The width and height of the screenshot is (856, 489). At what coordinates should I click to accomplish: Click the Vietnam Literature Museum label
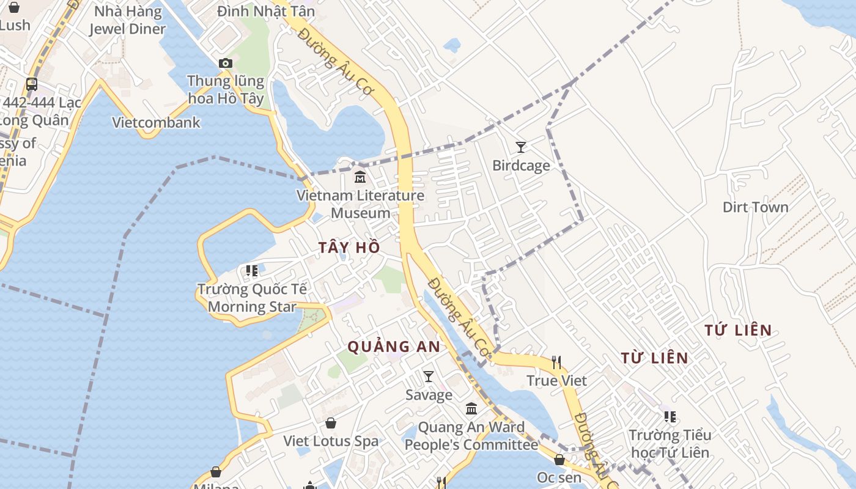360,204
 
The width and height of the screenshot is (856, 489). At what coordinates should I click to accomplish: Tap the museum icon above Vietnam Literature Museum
360,177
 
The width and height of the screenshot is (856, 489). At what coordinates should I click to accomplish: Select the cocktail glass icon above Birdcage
521,147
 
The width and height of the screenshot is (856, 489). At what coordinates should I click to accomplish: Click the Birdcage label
521,166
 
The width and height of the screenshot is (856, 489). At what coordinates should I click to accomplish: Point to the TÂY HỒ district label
349,248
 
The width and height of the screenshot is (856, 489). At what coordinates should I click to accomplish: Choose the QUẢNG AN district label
394,347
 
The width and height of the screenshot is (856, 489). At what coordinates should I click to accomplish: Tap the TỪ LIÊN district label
654,358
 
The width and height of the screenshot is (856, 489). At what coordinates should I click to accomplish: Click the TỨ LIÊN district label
737,331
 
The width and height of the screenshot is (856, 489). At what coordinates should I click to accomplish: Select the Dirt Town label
755,207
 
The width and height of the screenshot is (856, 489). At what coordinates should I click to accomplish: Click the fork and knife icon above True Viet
556,362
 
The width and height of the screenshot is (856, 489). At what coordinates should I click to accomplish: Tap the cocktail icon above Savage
429,376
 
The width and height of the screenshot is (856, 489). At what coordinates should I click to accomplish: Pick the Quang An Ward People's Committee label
471,436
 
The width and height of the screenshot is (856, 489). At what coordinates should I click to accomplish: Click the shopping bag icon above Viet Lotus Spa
331,423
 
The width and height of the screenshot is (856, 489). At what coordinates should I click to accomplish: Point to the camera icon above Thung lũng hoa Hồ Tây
226,63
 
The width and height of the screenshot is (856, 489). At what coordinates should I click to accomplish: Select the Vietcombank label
156,122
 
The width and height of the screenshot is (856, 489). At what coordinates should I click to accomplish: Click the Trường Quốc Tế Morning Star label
252,298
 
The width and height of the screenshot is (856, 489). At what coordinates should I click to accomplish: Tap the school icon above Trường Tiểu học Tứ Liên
670,417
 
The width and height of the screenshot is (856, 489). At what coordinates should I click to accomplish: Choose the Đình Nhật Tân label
266,11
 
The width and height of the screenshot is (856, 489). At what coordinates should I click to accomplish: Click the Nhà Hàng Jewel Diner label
127,20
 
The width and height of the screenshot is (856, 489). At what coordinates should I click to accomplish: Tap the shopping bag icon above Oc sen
559,460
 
